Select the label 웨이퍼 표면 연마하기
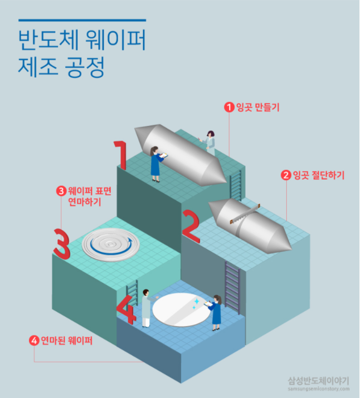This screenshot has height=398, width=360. tap(89, 195)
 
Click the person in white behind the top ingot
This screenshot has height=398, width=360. tap(210, 142)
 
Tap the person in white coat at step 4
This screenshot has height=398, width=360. tap(145, 307)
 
